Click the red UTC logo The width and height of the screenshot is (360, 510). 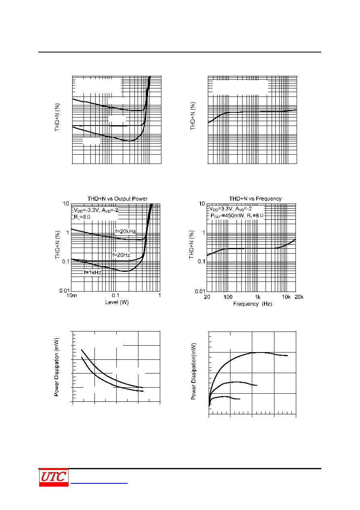coord(54,477)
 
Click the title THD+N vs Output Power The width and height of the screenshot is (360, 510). coord(117,199)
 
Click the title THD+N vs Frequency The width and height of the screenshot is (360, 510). coord(255,199)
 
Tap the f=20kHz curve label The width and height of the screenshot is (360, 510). coord(126,231)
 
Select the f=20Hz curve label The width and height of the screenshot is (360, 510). coord(121,255)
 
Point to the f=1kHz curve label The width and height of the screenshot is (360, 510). coord(92,272)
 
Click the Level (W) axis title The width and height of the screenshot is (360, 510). coord(117,302)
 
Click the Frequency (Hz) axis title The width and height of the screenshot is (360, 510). coord(253,304)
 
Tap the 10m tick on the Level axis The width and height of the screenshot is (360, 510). coord(72,296)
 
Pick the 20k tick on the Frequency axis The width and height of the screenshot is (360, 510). coord(299,297)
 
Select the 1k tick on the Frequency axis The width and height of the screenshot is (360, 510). coord(257,297)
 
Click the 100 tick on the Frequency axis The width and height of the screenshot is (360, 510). coord(228,297)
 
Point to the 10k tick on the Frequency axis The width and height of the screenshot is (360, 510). coord(286,297)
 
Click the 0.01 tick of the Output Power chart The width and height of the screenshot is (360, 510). coord(65,291)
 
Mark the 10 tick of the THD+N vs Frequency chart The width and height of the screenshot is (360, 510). coord(202,204)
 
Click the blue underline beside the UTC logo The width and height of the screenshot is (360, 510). coord(99,483)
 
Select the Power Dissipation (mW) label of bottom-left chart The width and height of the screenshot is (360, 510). coord(57,367)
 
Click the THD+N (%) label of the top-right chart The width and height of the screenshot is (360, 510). coord(193,116)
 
